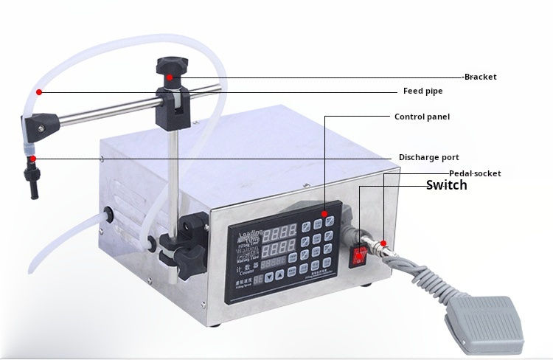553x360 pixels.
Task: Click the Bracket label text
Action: click(x=480, y=77)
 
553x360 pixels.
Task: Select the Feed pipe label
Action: click(x=422, y=91)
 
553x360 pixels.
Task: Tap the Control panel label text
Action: click(x=422, y=117)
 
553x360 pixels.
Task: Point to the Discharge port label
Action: click(x=429, y=157)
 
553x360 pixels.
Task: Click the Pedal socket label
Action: click(x=475, y=173)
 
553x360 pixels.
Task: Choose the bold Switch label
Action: click(x=447, y=185)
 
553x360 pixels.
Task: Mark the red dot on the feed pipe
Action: click(x=38, y=91)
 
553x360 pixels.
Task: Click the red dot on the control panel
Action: click(x=324, y=212)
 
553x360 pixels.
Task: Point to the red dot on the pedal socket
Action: click(x=383, y=243)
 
